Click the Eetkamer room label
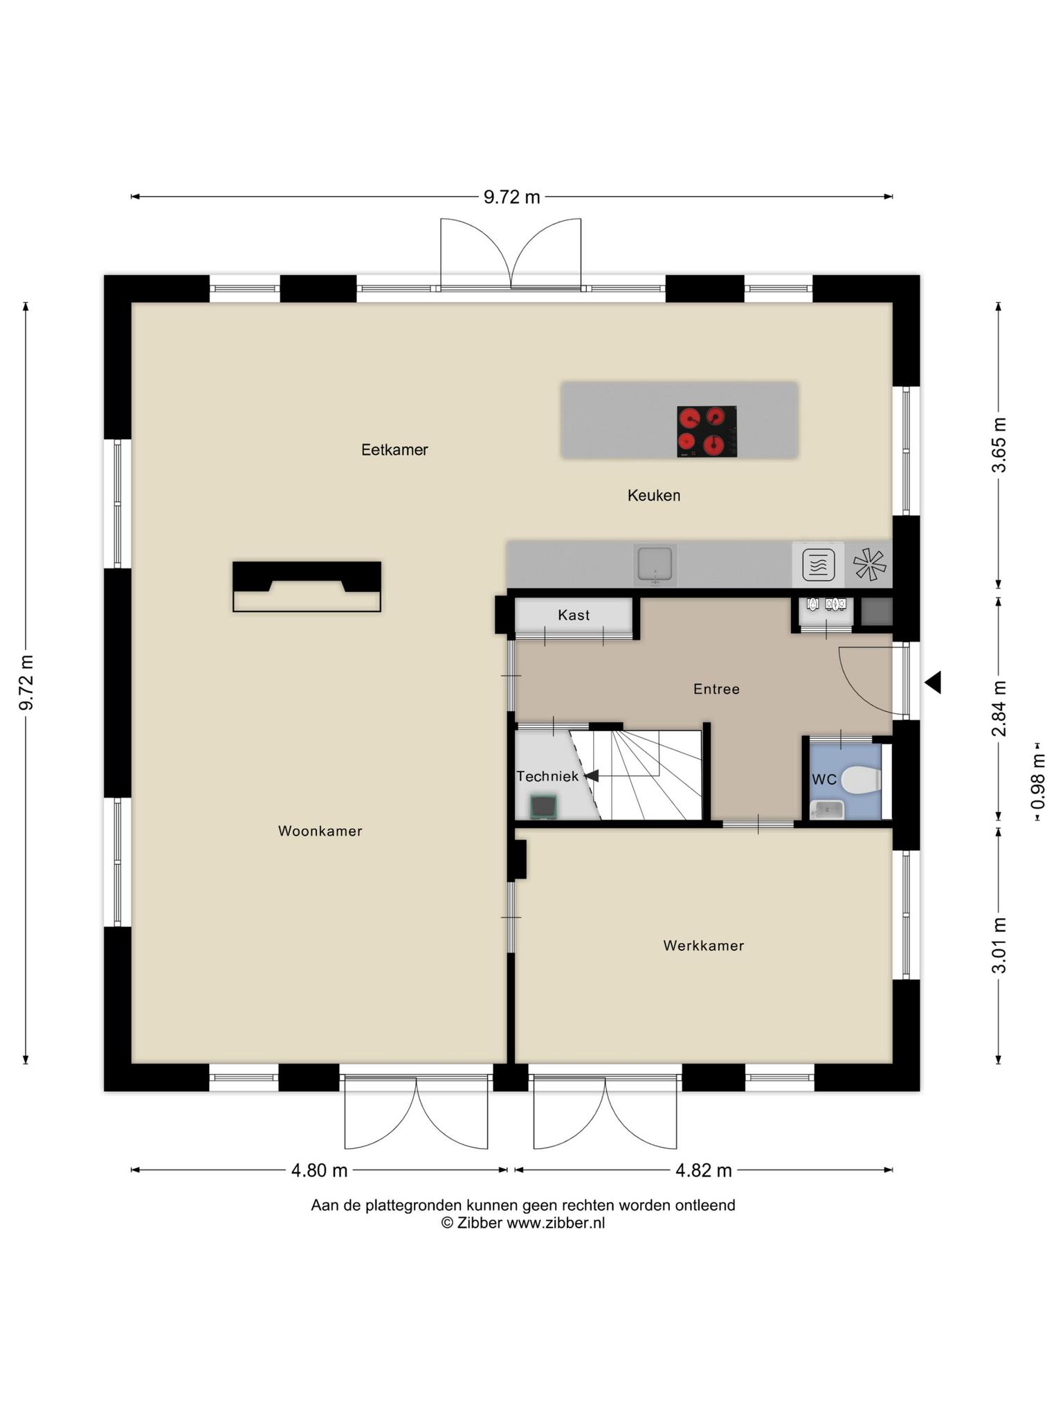click(394, 450)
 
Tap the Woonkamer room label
click(320, 831)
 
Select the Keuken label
click(654, 495)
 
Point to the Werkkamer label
click(704, 946)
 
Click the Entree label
click(717, 689)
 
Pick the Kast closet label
click(574, 615)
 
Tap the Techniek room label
click(547, 776)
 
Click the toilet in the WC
click(862, 780)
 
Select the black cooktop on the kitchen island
click(707, 431)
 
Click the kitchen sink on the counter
click(655, 565)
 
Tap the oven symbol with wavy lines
click(818, 564)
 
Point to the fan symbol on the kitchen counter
click(869, 564)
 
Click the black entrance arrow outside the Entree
click(934, 683)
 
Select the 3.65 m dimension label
click(999, 445)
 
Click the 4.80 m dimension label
click(319, 1170)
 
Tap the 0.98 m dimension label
click(1037, 782)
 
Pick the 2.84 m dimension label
click(999, 709)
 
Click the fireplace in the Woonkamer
click(307, 586)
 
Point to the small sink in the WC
click(828, 809)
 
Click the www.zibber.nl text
click(556, 1223)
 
